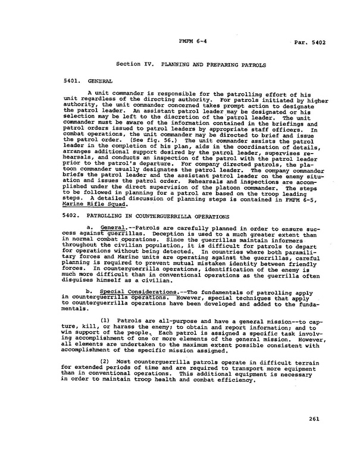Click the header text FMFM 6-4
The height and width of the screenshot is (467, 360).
(190, 42)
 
